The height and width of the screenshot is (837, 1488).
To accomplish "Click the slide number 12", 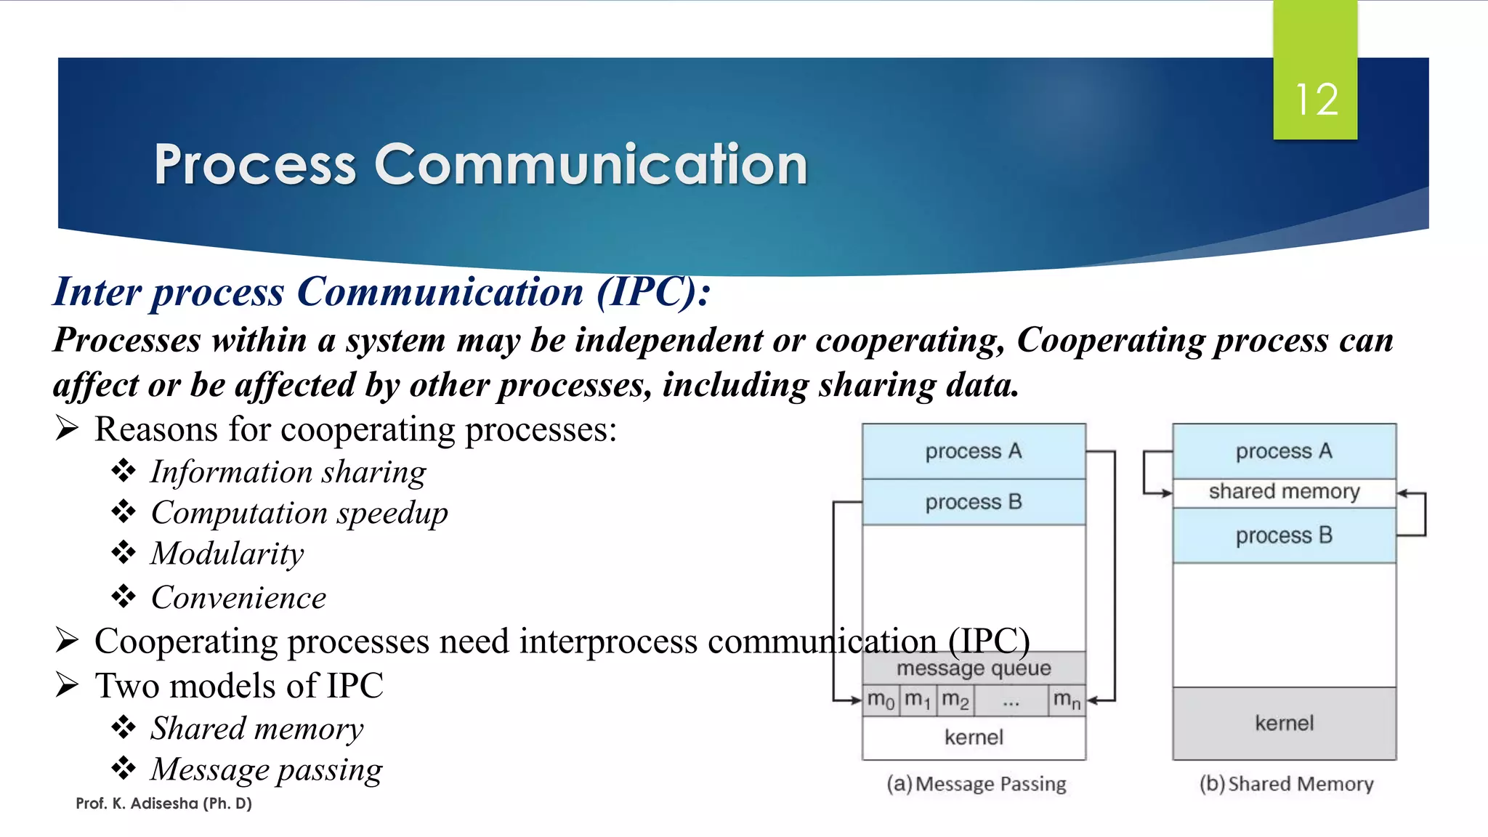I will point(1316,100).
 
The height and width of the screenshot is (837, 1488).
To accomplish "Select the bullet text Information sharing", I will point(288,472).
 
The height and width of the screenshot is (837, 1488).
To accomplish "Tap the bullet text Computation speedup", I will point(299,513).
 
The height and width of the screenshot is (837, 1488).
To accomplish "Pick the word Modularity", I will point(227,554).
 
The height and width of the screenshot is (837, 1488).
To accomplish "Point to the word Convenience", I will point(238,598).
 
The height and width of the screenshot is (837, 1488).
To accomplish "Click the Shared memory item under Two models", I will point(256,729).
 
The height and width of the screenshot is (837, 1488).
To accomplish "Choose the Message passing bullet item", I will point(266,769).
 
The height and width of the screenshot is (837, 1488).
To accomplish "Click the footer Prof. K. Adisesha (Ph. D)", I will point(163,804).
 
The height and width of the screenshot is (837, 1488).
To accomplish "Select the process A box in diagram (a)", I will point(974,451).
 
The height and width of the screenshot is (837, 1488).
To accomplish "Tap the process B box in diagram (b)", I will point(1284,535).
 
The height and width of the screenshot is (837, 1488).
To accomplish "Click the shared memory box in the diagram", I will point(1284,492).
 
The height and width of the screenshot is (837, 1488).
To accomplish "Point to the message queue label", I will point(974,668).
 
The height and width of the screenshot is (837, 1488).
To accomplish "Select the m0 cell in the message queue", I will point(881,700).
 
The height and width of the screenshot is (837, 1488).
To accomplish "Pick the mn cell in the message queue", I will point(1067,700).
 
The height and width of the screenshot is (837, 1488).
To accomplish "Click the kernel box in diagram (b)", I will point(1284,723).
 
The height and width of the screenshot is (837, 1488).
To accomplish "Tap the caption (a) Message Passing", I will point(976,784).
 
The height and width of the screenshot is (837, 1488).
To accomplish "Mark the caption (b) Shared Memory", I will point(1286,784).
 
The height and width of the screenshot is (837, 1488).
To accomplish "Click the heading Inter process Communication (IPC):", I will point(382,292).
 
